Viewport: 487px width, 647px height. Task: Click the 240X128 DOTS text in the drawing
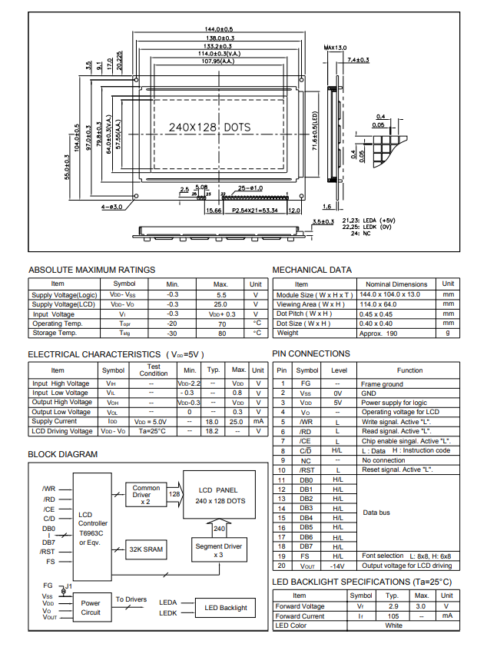pyautogui.click(x=209, y=127)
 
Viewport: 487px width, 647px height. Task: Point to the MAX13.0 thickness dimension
pyautogui.click(x=335, y=48)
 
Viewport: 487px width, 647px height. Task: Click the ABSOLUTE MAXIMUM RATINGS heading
pyautogui.click(x=91, y=270)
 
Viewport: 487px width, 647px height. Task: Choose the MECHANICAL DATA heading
pyautogui.click(x=312, y=270)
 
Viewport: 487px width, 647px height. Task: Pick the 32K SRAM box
pyautogui.click(x=146, y=549)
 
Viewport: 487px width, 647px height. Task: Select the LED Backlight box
pyautogui.click(x=226, y=607)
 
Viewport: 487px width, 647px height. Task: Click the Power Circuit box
pyautogui.click(x=91, y=608)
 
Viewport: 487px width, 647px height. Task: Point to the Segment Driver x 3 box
pyautogui.click(x=218, y=550)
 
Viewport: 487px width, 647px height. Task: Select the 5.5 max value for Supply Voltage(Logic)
pyautogui.click(x=221, y=294)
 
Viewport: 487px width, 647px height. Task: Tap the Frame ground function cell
pyautogui.click(x=382, y=384)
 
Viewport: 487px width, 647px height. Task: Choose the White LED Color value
pyautogui.click(x=393, y=625)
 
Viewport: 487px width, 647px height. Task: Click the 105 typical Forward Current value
pyautogui.click(x=392, y=615)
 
